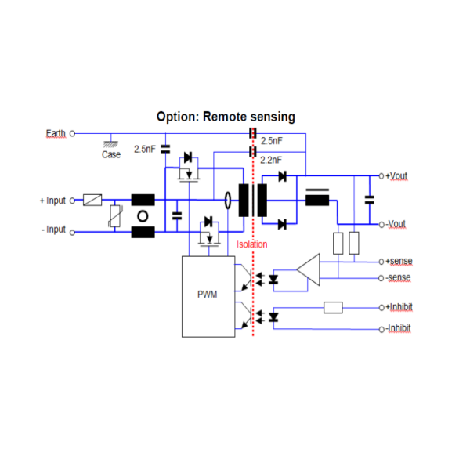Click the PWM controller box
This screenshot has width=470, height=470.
tap(208, 296)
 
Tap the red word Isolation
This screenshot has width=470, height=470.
tap(252, 244)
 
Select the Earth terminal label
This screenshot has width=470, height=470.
tap(56, 133)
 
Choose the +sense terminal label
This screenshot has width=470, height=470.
tap(399, 261)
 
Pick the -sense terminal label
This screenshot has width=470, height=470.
tap(398, 277)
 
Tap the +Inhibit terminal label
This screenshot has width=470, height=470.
tap(399, 307)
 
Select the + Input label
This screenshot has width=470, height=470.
tap(52, 201)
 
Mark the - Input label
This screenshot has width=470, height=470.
tap(52, 230)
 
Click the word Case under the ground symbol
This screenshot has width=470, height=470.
tap(111, 154)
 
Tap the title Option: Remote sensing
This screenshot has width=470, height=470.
tap(226, 117)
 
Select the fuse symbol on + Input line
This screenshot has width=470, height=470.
tap(92, 201)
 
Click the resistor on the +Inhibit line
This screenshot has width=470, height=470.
tap(333, 307)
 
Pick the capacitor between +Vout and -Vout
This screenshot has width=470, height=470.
tap(370, 199)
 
